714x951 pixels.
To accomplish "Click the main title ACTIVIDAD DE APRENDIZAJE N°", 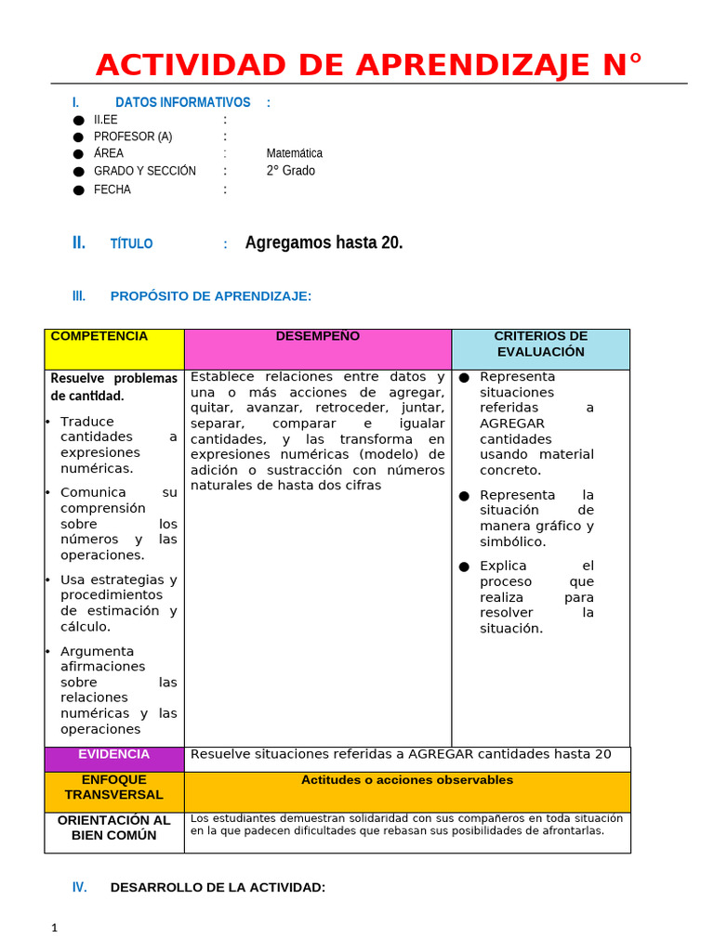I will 369,65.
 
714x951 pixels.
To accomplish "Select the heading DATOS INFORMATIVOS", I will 182,102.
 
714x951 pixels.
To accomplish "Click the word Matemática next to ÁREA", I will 294,153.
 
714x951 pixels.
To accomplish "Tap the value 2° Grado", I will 290,171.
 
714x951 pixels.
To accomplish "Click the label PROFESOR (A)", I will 132,137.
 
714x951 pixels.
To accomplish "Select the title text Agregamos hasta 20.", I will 324,242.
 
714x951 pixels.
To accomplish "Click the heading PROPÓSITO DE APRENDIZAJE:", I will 210,296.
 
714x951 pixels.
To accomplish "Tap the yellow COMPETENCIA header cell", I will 113,348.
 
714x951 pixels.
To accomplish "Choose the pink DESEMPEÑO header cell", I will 317,348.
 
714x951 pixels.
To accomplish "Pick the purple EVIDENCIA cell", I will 113,758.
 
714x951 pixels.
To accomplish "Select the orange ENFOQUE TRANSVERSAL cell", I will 113,791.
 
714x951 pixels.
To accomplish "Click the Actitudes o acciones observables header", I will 406,780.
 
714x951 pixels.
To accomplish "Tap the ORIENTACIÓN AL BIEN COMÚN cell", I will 113,827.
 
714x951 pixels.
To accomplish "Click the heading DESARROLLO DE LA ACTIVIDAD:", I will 218,888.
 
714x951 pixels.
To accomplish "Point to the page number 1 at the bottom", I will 55,928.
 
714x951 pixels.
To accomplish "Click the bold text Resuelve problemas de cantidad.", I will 113,387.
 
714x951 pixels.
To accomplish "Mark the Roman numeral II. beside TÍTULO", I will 79,242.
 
